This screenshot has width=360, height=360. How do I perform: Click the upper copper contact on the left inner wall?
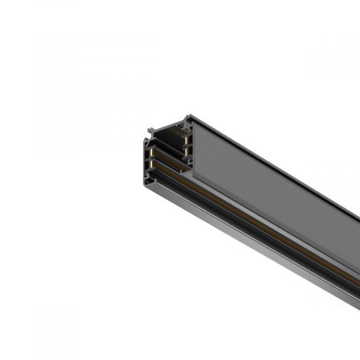151,152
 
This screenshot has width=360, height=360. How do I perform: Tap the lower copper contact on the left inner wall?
151,163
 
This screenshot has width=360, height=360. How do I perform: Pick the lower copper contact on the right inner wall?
186,151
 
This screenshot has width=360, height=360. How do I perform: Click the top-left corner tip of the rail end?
149,129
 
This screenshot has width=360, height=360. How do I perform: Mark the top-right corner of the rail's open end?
189,116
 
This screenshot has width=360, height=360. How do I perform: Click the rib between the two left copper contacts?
150,158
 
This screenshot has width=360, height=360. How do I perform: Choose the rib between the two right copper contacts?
186,146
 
